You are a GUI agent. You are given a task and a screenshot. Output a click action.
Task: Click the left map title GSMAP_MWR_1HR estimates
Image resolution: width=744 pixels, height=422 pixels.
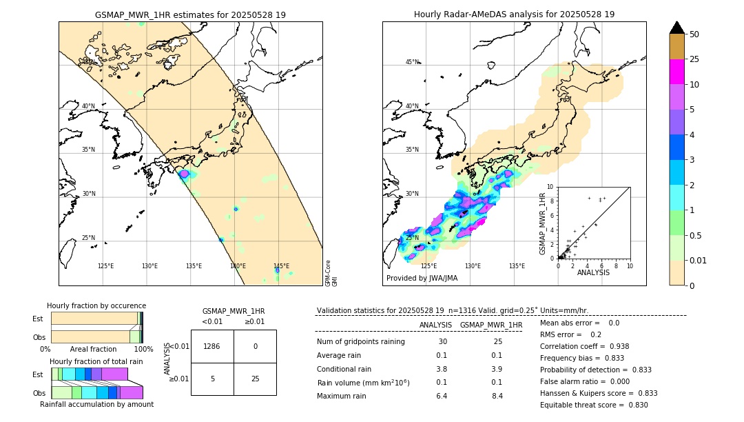(x=190, y=14)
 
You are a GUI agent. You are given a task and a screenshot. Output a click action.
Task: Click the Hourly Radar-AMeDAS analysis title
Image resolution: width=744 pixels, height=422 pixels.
(x=514, y=14)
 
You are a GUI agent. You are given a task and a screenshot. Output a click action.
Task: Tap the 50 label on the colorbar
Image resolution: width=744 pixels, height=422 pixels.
(x=694, y=34)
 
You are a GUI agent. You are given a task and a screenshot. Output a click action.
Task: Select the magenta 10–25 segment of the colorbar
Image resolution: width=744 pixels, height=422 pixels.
(x=676, y=72)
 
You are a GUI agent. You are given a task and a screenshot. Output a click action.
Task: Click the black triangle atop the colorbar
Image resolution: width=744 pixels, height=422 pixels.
(x=676, y=28)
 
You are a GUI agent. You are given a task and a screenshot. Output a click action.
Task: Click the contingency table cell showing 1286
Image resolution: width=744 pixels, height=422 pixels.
(x=212, y=346)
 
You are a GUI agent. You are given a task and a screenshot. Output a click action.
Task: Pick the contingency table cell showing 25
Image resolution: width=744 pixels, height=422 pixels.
(x=255, y=379)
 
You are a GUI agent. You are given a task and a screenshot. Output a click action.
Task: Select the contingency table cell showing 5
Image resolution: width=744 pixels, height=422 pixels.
(x=212, y=379)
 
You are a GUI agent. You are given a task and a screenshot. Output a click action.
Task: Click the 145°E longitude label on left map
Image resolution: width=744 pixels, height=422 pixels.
(x=281, y=266)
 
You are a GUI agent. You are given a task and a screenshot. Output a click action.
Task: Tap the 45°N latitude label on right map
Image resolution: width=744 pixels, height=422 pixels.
(x=412, y=62)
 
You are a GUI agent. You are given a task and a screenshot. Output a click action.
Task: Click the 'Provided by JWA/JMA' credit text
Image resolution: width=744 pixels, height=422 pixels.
(x=422, y=279)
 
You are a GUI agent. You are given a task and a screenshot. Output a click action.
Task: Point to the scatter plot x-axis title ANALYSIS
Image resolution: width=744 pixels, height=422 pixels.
(x=593, y=272)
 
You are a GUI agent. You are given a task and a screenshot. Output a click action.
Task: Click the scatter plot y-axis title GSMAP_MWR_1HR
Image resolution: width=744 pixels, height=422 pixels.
(x=542, y=222)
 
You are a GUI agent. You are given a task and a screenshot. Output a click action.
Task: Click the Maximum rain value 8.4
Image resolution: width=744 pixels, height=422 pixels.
(x=497, y=396)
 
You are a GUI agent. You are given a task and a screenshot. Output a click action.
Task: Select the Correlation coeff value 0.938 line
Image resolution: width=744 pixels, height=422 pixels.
(x=584, y=346)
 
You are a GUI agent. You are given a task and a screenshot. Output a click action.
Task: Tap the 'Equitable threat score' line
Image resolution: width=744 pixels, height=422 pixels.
(x=594, y=405)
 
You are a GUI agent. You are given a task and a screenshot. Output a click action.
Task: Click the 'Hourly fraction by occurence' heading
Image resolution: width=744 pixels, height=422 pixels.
(x=96, y=305)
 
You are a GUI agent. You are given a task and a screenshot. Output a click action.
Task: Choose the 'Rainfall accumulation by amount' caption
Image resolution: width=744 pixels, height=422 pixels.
(x=96, y=404)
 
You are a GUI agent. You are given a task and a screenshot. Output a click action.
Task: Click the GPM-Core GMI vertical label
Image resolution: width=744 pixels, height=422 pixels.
(x=331, y=273)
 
